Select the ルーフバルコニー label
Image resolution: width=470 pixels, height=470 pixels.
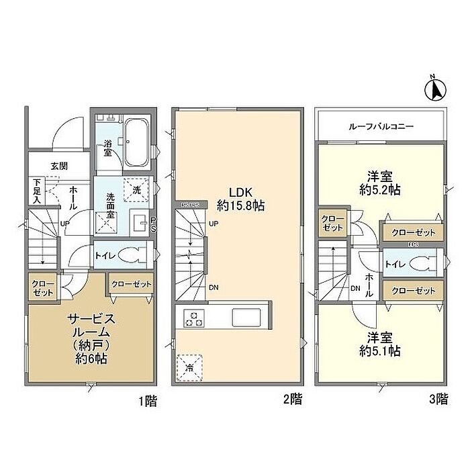click(380, 126)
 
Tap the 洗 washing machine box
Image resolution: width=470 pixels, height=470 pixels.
click(138, 191)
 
